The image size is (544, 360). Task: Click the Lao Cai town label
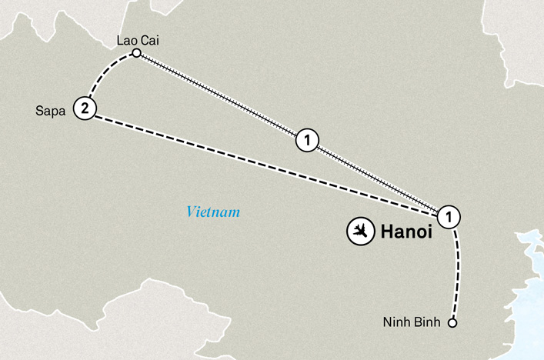(x=135, y=39)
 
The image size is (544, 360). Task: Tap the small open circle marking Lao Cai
(x=136, y=53)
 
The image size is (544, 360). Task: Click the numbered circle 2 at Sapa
(x=84, y=109)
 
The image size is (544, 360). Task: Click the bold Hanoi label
(x=404, y=232)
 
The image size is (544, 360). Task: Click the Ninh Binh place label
(x=414, y=323)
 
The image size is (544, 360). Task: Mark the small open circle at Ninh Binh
(x=452, y=323)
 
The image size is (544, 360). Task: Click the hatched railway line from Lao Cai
(x=223, y=98)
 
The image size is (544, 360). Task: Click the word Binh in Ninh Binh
(x=429, y=323)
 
